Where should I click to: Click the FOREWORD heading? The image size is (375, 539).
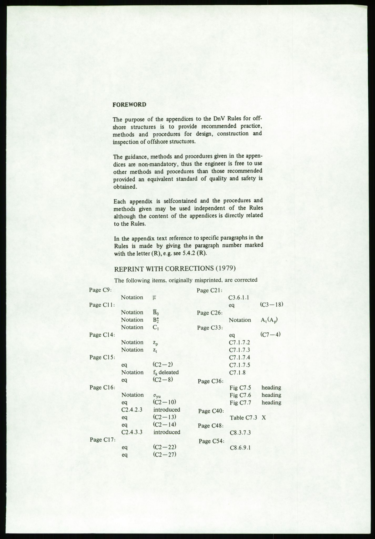(x=129, y=104)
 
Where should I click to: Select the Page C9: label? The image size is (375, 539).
(x=101, y=290)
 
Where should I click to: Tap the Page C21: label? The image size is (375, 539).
(x=210, y=290)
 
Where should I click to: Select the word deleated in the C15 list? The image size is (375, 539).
(x=169, y=372)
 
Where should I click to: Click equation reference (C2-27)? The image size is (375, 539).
(x=164, y=455)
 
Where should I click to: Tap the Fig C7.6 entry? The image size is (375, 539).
(x=240, y=395)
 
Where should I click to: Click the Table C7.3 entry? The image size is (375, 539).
(x=243, y=418)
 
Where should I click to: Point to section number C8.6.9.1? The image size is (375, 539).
(x=240, y=447)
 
